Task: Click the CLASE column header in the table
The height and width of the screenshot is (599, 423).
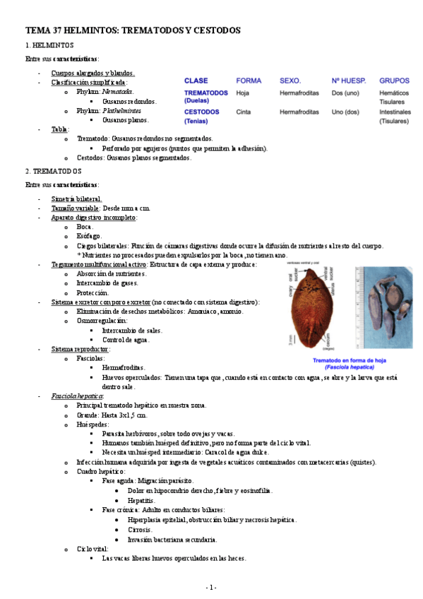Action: [196, 81]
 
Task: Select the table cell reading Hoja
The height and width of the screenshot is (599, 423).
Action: [242, 93]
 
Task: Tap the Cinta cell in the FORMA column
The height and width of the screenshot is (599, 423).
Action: [243, 112]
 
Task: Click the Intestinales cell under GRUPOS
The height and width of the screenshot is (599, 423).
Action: [394, 112]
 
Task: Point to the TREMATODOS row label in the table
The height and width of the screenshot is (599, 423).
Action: [205, 93]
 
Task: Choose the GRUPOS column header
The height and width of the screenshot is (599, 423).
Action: [394, 81]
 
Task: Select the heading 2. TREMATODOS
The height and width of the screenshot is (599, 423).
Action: [54, 171]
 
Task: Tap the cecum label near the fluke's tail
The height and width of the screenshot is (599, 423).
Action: [329, 338]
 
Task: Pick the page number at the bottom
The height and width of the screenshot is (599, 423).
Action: [210, 587]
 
